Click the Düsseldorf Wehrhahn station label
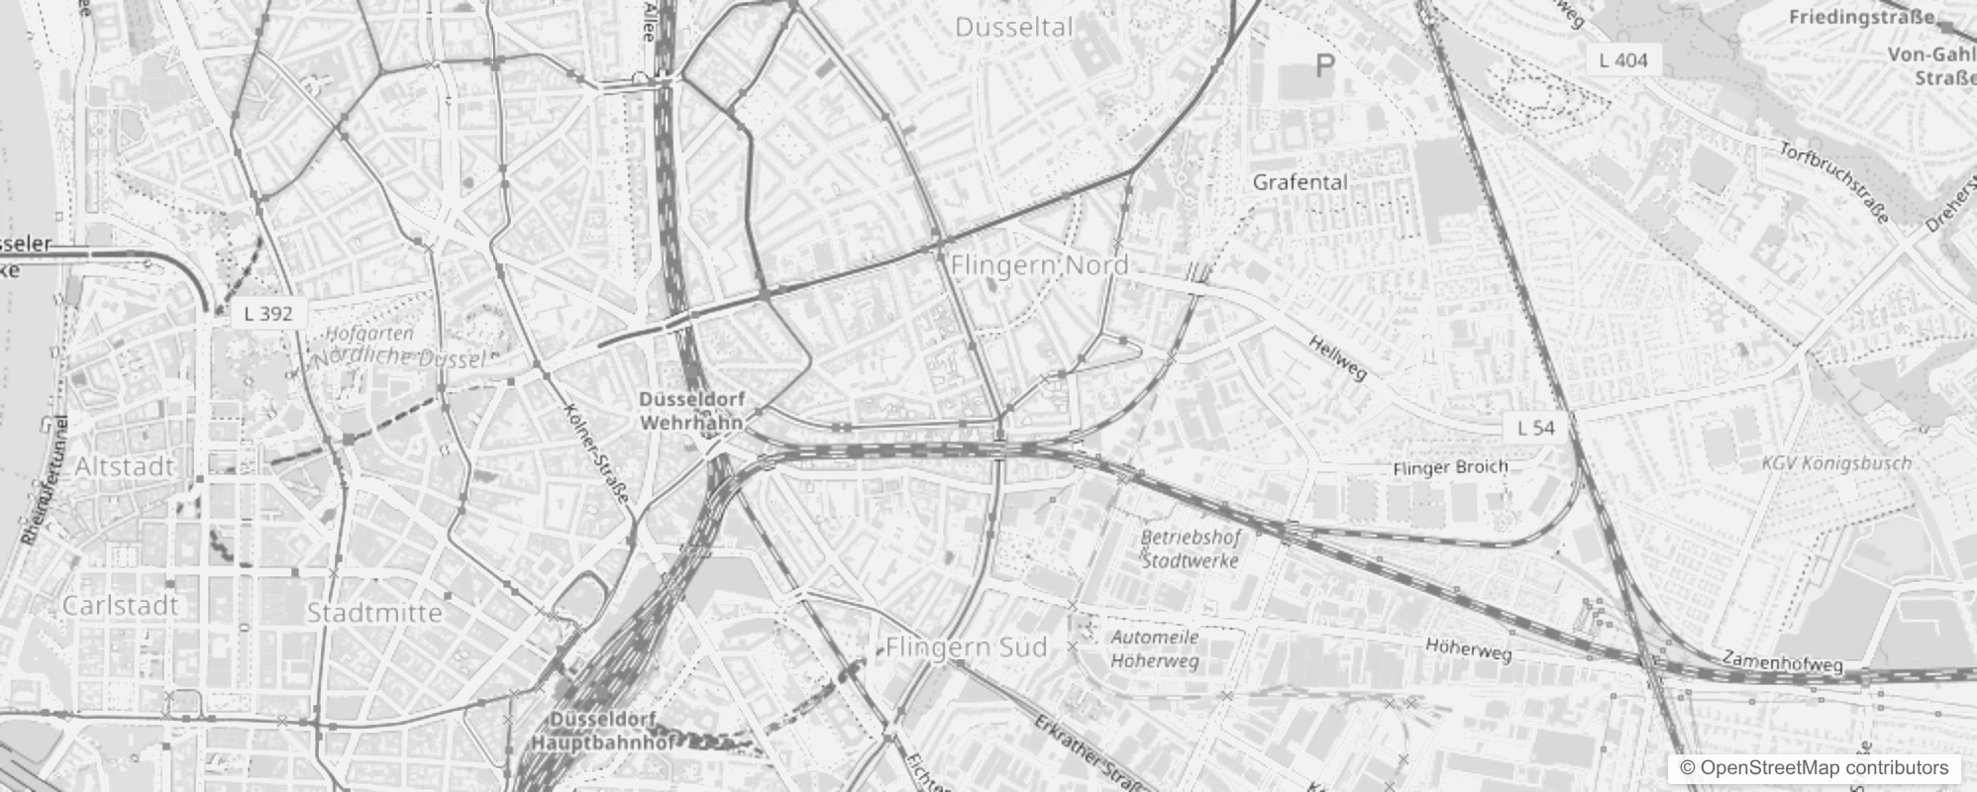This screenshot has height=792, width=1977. click(691, 410)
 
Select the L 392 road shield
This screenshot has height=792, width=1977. click(267, 314)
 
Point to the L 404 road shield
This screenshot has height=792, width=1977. click(1623, 60)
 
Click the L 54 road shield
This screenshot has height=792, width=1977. click(1535, 428)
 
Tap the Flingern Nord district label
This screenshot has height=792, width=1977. click(1039, 265)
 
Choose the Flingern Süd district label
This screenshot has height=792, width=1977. click(966, 647)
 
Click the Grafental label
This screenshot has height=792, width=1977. click(1300, 182)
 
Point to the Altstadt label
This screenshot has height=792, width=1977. click(125, 466)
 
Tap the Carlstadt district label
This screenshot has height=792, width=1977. click(120, 605)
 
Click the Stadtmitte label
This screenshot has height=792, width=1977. click(374, 613)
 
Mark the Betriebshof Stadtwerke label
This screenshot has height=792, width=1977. click(1190, 548)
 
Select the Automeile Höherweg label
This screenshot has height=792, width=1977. click(1154, 648)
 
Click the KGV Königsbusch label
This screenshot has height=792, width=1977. click(1836, 462)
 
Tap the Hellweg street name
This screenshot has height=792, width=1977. click(1337, 357)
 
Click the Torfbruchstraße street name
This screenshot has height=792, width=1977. click(1834, 182)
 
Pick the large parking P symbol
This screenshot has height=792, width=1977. click(1324, 66)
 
